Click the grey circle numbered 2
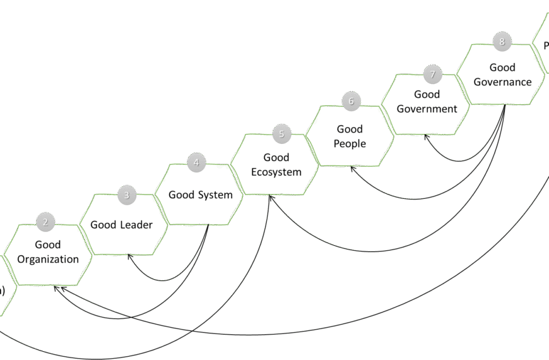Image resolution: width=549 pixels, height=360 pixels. click(x=45, y=222)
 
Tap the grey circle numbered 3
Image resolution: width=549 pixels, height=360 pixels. click(x=126, y=195)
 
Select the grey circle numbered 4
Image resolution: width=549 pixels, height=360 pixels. click(x=196, y=162)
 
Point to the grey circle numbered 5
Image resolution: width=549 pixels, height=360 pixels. click(x=281, y=134)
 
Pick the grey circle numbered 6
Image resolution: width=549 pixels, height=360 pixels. click(x=351, y=100)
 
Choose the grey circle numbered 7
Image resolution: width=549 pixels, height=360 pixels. click(x=432, y=75)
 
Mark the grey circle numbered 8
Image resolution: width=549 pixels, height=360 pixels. click(x=502, y=42)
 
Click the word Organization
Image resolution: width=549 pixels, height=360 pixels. click(x=48, y=259)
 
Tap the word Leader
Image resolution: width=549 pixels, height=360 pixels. click(x=136, y=224)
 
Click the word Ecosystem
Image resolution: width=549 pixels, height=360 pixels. click(x=276, y=171)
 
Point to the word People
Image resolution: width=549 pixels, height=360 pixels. click(x=350, y=143)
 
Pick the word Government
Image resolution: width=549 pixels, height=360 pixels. click(x=427, y=109)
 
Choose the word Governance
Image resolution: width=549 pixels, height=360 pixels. click(x=502, y=81)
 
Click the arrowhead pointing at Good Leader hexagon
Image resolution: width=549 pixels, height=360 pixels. click(x=129, y=256)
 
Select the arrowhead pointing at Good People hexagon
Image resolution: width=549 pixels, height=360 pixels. click(x=353, y=169)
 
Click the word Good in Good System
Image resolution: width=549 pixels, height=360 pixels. click(x=180, y=195)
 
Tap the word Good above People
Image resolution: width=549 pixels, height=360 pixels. click(x=350, y=129)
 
